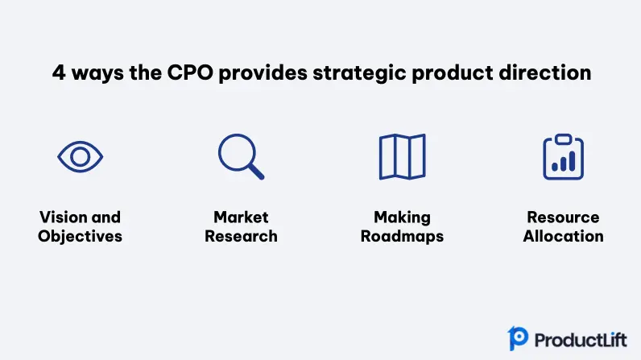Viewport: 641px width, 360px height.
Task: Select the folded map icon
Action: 380,157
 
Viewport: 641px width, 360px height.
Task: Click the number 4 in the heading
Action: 59,72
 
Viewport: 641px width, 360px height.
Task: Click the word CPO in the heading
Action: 190,72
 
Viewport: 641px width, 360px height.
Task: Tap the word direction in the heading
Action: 545,72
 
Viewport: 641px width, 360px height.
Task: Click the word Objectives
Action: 81,237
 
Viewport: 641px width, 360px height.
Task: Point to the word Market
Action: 242,217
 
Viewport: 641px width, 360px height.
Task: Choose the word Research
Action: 242,236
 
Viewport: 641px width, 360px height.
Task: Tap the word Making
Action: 403,217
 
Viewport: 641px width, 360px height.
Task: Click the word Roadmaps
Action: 403,237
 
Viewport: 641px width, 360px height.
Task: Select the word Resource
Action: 564,217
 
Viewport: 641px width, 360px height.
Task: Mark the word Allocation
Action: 564,236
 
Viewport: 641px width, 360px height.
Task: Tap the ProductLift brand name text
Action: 581,340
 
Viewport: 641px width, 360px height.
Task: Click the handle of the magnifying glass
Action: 256,172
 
